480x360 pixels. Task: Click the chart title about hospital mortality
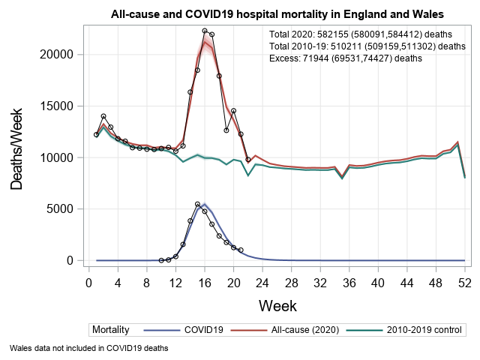tap(277, 14)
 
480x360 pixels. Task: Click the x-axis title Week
tap(277, 305)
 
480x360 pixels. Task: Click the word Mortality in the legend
tap(110, 329)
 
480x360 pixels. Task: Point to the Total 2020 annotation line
tap(361, 34)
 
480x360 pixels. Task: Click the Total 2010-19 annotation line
tap(367, 46)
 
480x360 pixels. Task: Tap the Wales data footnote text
tap(89, 348)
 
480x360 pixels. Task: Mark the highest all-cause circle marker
tap(205, 31)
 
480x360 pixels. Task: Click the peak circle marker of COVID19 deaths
tap(197, 204)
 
